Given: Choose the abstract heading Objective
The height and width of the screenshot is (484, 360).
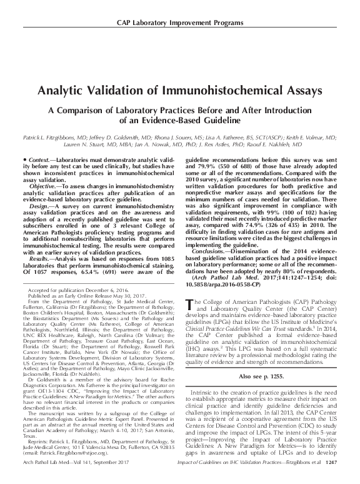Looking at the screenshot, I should [x=43, y=187].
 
